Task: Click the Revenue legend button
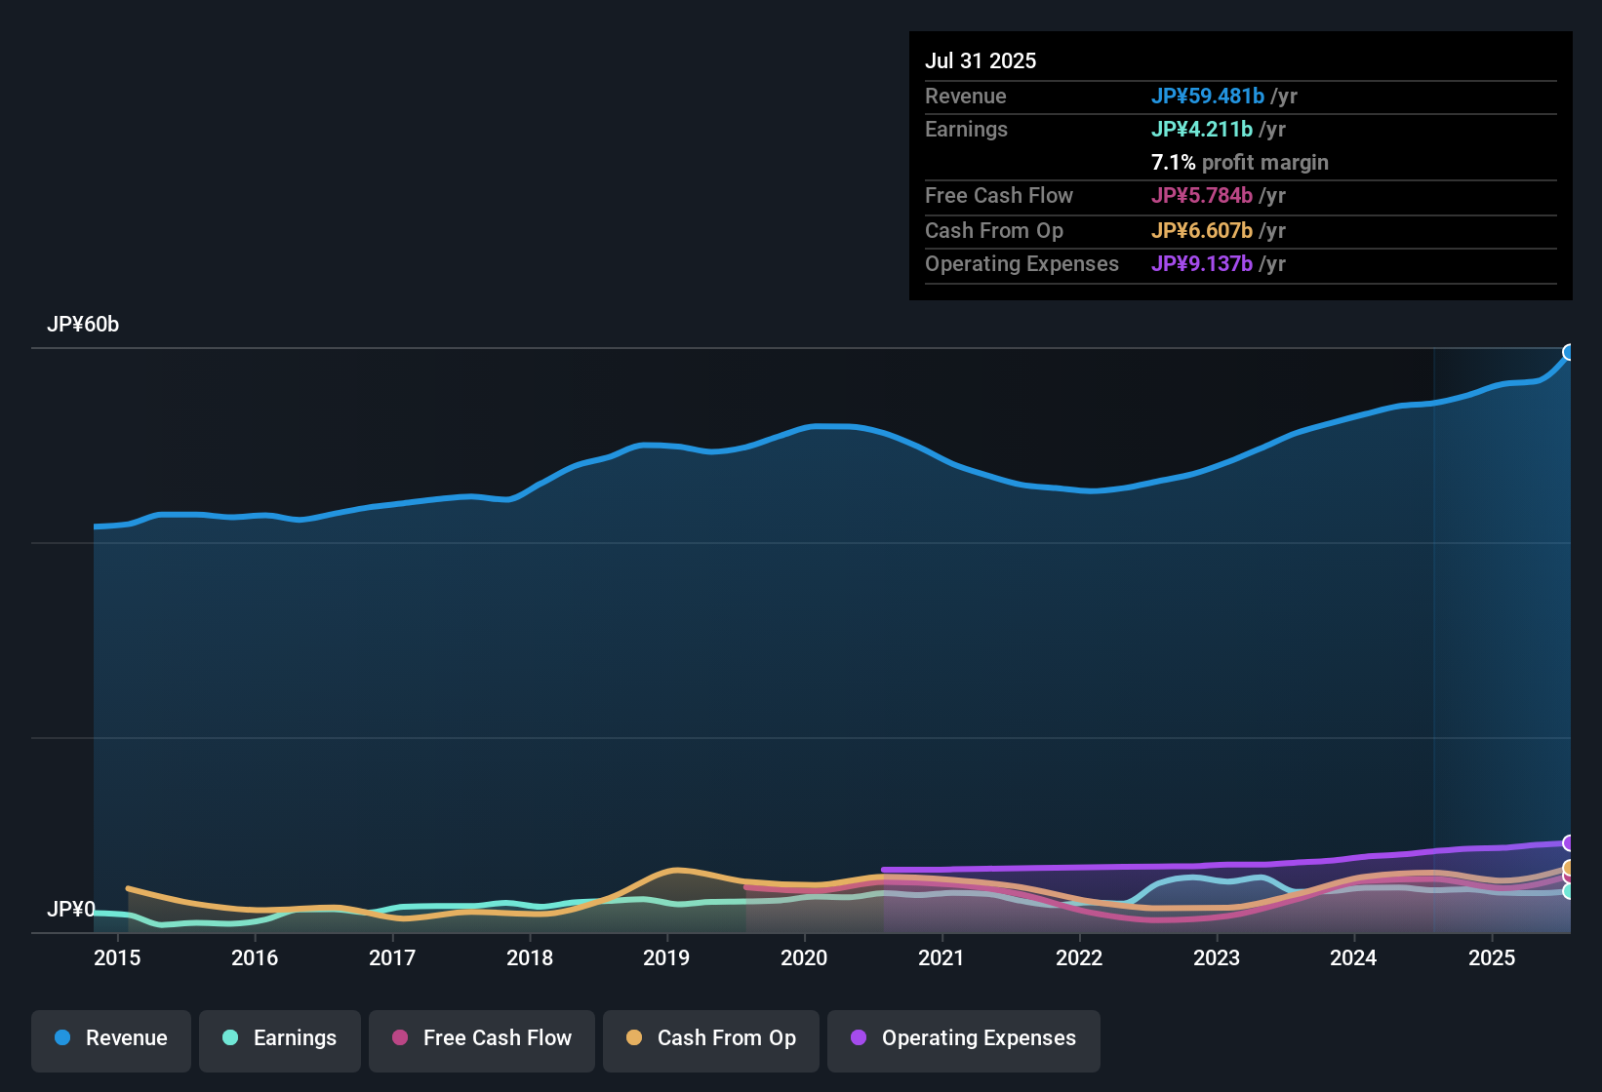tap(111, 1038)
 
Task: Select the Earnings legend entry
tap(280, 1038)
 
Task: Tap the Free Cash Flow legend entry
tap(482, 1038)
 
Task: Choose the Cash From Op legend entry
tap(711, 1038)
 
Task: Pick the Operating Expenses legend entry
tap(964, 1038)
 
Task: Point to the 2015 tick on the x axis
tap(117, 957)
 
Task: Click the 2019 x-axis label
tap(666, 957)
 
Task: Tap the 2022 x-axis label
tap(1079, 957)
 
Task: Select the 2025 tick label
tap(1492, 957)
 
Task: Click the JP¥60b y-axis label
tap(83, 325)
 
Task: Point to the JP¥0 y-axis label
tap(71, 910)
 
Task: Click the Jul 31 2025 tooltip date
tap(981, 60)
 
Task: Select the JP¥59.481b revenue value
tap(1208, 96)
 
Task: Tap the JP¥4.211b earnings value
tap(1202, 130)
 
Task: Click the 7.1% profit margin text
tap(1239, 163)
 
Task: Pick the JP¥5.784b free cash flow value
tap(1202, 196)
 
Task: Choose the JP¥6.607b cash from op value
tap(1202, 231)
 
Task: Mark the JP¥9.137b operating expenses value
tap(1202, 264)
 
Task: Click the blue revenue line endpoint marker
tap(1569, 352)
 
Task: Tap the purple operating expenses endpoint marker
tap(1569, 842)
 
